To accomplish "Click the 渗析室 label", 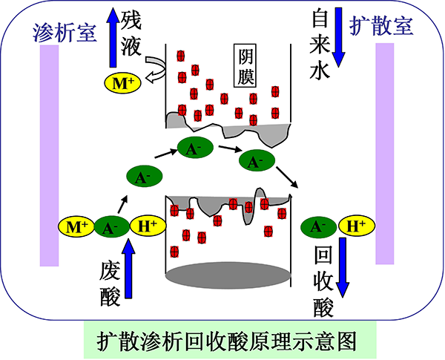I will pyautogui.click(x=63, y=31).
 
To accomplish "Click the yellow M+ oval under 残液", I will pyautogui.click(x=120, y=84).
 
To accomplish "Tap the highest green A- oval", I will pyautogui.click(x=194, y=148).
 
